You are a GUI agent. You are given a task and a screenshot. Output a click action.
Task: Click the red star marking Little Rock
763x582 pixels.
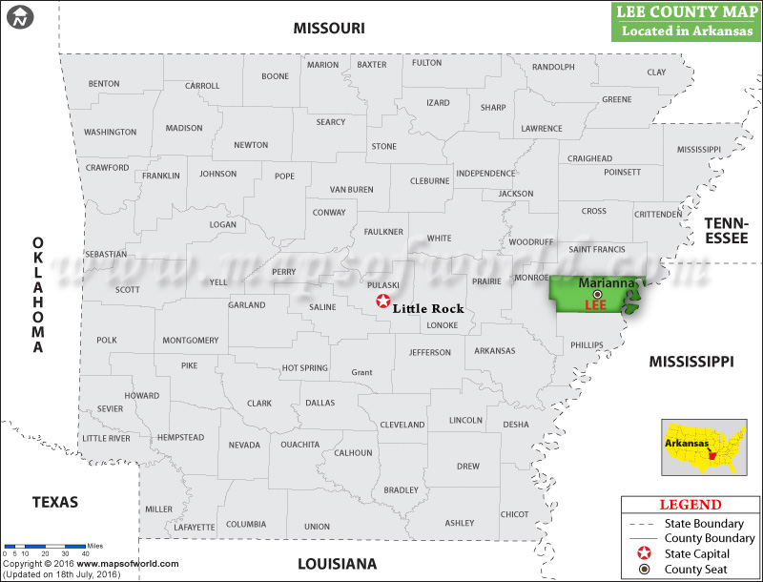tap(383, 301)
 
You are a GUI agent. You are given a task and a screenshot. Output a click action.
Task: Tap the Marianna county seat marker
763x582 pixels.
tap(598, 294)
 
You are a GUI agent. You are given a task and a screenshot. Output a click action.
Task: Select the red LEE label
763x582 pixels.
tap(595, 305)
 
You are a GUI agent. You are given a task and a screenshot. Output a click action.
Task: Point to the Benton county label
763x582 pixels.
tap(104, 84)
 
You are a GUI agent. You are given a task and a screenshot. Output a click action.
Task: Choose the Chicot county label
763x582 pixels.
tap(514, 514)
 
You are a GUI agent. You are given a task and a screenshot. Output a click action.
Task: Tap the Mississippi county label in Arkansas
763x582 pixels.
tap(699, 150)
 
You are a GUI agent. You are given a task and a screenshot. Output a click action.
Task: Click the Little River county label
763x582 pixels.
tap(106, 438)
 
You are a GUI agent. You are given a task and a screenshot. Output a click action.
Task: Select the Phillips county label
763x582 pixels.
tap(588, 344)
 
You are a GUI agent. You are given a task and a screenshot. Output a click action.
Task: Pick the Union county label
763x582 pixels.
tap(317, 526)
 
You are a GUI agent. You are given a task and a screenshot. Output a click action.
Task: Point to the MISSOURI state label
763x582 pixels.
tap(328, 29)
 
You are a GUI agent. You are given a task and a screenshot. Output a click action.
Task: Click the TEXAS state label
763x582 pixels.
tap(54, 502)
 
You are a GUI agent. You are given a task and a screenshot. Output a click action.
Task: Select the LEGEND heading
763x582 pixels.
tap(691, 505)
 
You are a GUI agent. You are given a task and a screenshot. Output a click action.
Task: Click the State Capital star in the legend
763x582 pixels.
tap(645, 553)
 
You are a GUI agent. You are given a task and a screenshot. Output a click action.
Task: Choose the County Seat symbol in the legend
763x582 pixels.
tap(645, 570)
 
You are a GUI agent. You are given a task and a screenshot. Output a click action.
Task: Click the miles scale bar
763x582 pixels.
tap(46, 546)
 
